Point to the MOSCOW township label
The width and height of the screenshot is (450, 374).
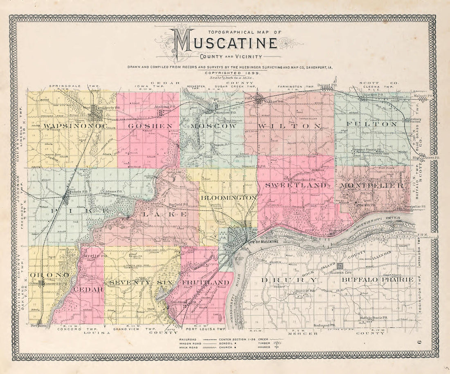click(x=214, y=126)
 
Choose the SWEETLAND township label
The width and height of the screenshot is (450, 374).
click(x=296, y=185)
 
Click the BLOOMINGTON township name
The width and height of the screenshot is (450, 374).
click(x=228, y=197)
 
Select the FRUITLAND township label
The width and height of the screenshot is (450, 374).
click(x=205, y=282)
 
